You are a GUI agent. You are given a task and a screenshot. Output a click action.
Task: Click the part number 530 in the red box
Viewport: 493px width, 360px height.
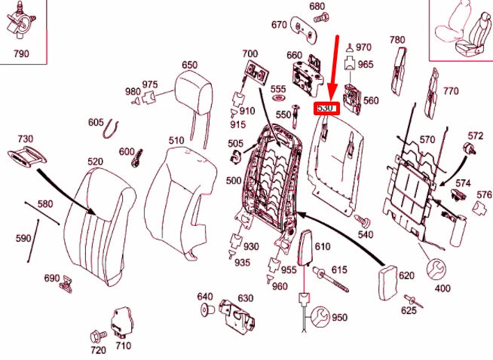tap(326, 108)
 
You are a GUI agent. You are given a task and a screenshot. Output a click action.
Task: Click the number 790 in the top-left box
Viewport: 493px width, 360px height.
tap(23, 53)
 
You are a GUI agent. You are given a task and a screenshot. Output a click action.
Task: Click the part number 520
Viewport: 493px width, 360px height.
tap(95, 162)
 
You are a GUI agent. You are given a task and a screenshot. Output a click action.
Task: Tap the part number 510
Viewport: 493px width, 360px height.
tap(176, 141)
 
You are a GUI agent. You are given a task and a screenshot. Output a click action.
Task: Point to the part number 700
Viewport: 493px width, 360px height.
tap(250, 54)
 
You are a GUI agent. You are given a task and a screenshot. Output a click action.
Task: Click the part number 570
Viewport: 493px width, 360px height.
tap(427, 139)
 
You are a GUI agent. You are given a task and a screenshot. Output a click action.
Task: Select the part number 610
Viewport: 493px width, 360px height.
tap(323, 247)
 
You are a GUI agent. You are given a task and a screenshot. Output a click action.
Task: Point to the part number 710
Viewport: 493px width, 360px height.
tap(122, 346)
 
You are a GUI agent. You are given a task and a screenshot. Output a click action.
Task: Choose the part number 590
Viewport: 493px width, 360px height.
tap(23, 239)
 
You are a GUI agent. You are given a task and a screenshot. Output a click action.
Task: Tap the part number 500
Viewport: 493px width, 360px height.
tap(234, 181)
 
